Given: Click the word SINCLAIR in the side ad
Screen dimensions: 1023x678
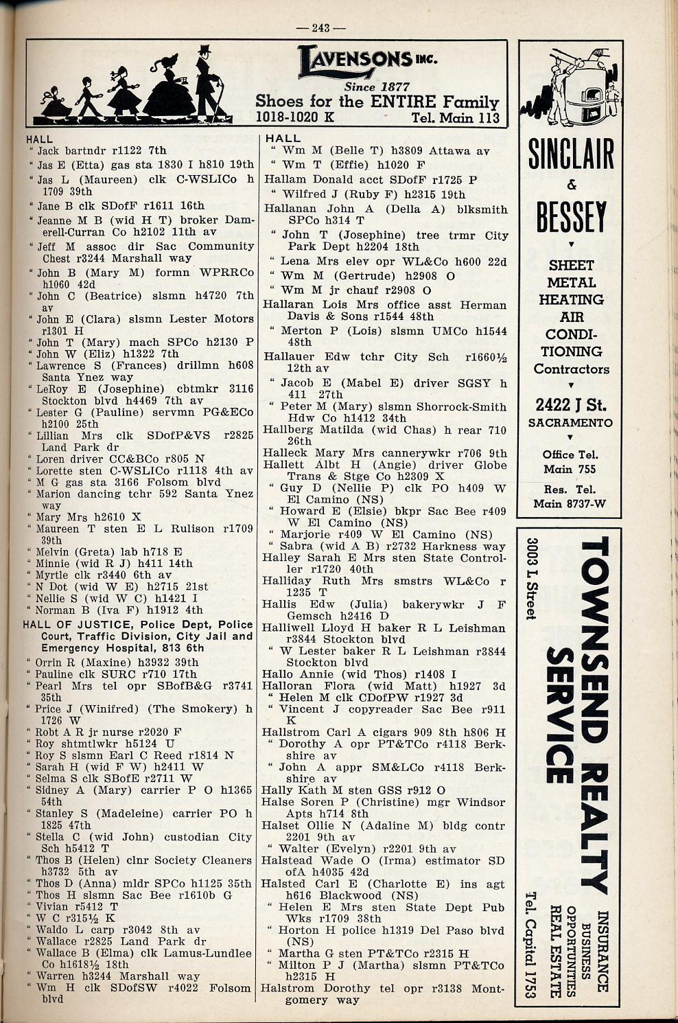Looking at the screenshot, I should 571,155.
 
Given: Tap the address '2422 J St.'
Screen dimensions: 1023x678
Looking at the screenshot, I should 571,404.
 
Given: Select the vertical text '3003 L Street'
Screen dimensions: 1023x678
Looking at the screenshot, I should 530,579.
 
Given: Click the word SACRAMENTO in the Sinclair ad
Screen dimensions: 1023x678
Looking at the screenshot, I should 571,423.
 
